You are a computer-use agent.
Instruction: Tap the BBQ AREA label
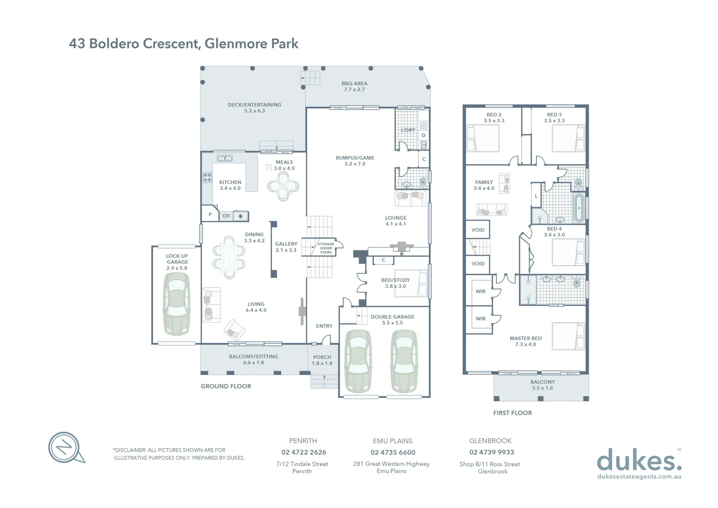[354, 87]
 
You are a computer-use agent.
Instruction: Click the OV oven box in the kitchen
[226, 216]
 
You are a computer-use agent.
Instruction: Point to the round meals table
[283, 186]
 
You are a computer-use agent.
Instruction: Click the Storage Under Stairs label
[326, 248]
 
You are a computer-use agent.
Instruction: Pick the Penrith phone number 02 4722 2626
[304, 452]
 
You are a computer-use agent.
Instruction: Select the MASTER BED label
[526, 341]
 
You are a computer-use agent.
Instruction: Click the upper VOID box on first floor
[478, 230]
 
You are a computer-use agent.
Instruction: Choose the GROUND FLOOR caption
[226, 386]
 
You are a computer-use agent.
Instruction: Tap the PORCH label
[322, 360]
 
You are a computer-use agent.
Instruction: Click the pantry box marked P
[210, 214]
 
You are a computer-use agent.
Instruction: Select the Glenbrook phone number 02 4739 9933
[491, 452]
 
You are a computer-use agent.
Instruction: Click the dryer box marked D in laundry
[423, 135]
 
